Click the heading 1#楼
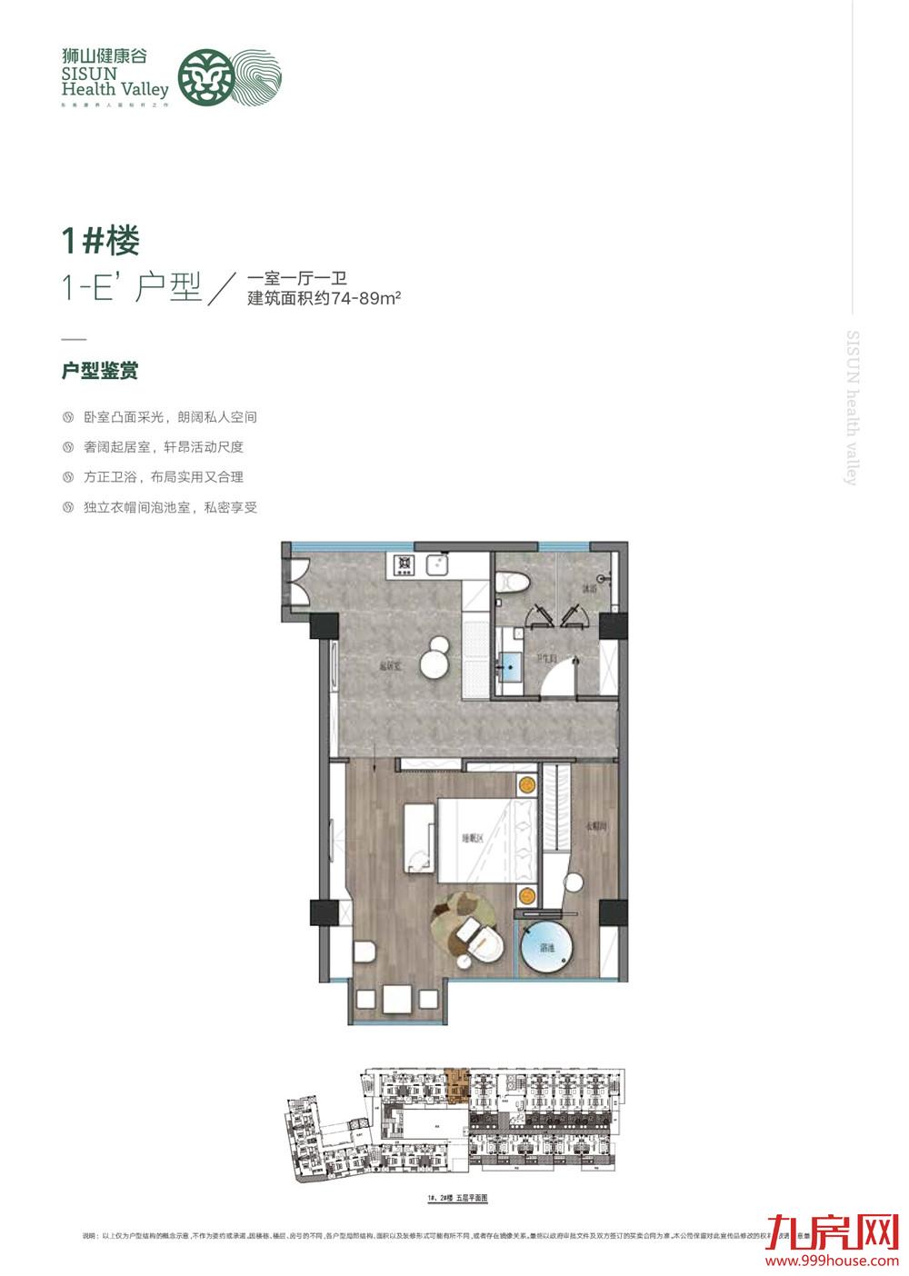click(100, 241)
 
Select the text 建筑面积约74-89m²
click(325, 298)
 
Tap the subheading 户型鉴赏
click(100, 372)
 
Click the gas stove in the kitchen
click(404, 566)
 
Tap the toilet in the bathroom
click(509, 581)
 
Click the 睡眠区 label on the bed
click(473, 839)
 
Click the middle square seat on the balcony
click(396, 999)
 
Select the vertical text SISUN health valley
click(852, 408)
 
